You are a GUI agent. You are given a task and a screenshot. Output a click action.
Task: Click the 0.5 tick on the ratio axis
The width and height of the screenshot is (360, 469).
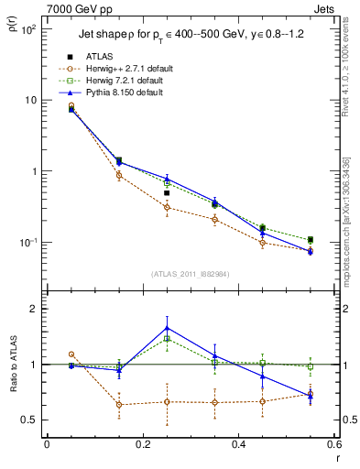(28, 420)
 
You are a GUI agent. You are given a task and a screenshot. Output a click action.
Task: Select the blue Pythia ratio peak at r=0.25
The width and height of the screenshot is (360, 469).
(167, 328)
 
